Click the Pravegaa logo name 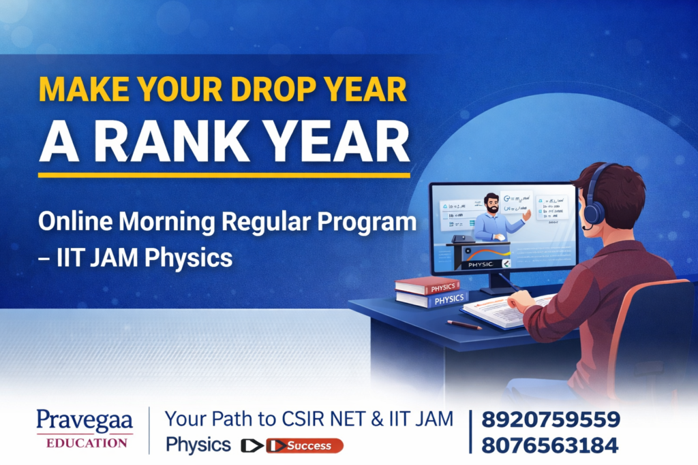(85, 419)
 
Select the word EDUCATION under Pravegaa (86, 443)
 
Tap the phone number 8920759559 (550, 419)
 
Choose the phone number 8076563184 (550, 445)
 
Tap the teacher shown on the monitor (493, 218)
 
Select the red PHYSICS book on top (427, 286)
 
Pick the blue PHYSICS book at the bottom (430, 299)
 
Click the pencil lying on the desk (464, 325)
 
